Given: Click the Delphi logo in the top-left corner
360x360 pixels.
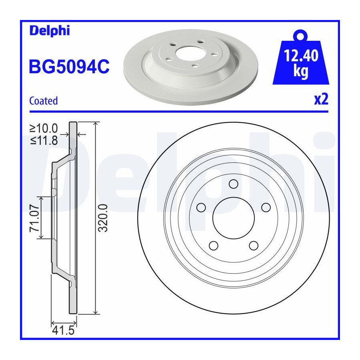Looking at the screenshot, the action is click(x=50, y=30).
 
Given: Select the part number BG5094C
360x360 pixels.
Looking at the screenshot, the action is click(x=69, y=66).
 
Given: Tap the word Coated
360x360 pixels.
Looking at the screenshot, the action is click(x=43, y=101).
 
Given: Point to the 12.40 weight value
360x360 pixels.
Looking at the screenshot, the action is click(x=301, y=56).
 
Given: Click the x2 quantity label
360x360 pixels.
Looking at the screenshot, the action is click(x=321, y=100).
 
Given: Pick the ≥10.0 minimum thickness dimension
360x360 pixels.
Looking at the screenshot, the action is click(x=44, y=128).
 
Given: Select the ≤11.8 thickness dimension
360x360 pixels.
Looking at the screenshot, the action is click(x=44, y=140).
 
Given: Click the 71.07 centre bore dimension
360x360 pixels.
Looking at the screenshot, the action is click(x=34, y=218).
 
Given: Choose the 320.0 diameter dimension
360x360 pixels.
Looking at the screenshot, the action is click(x=103, y=218).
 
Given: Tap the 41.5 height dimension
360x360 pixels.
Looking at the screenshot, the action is click(x=63, y=331).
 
